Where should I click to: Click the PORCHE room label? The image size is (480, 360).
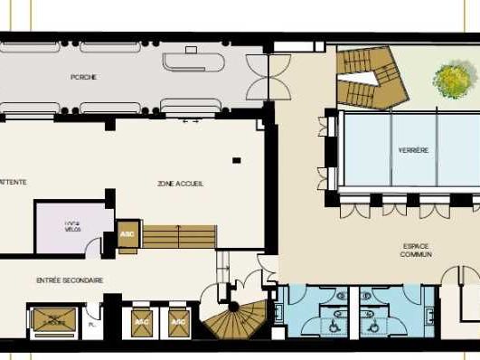[x=83, y=77]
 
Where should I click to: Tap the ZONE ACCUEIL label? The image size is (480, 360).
[x=181, y=183]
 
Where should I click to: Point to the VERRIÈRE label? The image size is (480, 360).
[x=413, y=149]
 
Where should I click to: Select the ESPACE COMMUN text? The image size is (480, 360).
[x=416, y=250]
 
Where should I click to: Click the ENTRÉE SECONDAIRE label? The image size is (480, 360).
[x=69, y=280]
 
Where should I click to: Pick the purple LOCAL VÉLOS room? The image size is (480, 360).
[x=72, y=228]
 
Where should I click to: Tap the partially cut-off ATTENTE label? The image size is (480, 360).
[x=14, y=182]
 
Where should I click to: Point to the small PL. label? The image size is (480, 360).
[x=91, y=323]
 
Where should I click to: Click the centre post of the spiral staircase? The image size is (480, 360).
[x=233, y=308]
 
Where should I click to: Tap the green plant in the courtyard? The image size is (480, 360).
[x=449, y=79]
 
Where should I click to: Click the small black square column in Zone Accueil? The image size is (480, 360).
[x=235, y=160]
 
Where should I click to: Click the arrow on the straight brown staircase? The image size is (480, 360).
[x=179, y=236]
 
